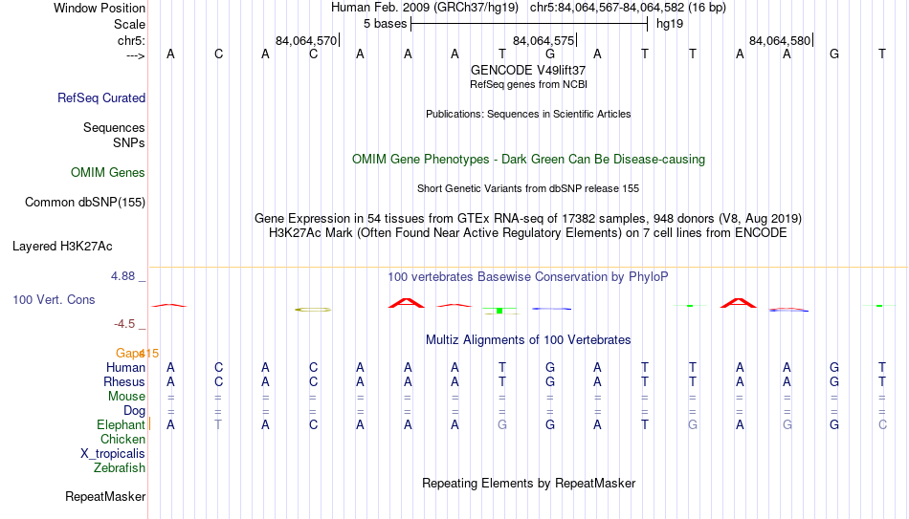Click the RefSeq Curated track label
point(101,97)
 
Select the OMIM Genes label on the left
point(108,173)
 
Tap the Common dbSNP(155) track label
point(85,203)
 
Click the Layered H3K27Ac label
point(62,247)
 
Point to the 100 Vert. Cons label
point(54,299)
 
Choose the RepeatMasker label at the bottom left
point(105,496)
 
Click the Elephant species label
point(121,424)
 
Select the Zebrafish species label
point(120,467)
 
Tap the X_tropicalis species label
point(113,454)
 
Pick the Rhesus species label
point(124,381)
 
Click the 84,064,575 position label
point(543,40)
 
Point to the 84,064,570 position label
point(306,40)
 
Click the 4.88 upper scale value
point(122,276)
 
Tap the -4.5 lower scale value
point(124,324)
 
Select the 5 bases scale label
point(385,24)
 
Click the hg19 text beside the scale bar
point(670,24)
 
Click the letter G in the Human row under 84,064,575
point(549,367)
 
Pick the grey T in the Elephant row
point(218,424)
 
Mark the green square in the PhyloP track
point(499,311)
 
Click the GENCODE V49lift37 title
point(528,70)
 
